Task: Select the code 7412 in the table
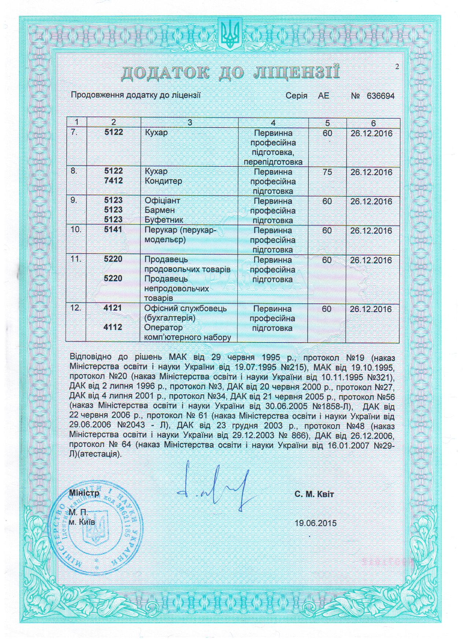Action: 114,181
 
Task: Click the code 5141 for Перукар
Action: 114,230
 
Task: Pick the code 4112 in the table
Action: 113,328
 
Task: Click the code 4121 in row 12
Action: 113,308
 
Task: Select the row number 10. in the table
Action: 76,230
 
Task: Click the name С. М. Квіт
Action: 314,494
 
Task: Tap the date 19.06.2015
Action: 315,523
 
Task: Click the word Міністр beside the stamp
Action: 84,493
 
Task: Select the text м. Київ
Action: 82,521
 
